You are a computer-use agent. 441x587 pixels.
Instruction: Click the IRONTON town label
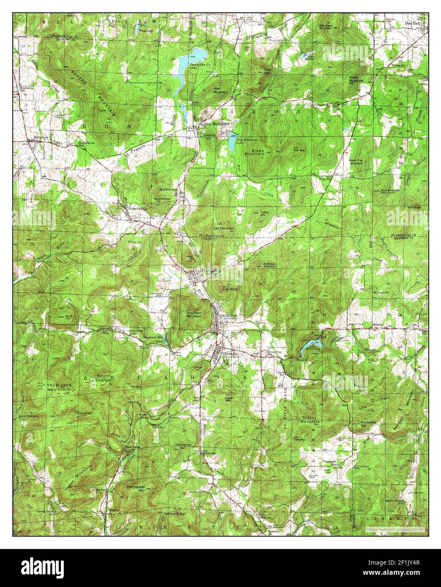[x=228, y=315]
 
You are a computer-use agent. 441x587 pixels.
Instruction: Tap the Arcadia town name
[x=231, y=353]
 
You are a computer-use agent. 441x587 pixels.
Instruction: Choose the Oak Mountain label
[x=225, y=228]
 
